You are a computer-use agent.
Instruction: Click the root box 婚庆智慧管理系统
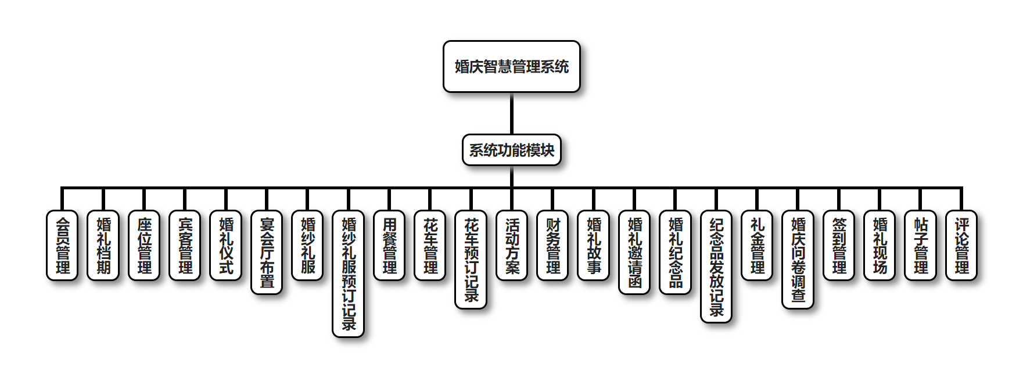coord(511,66)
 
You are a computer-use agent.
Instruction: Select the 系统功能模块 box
coord(511,150)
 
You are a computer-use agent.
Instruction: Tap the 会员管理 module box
coord(62,245)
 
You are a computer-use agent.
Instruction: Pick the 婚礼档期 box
coord(103,245)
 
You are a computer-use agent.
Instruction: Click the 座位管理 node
coord(144,245)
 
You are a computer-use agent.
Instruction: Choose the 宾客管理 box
coord(185,245)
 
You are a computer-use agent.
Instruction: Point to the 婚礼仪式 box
coord(225,245)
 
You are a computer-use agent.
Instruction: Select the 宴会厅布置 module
coord(267,252)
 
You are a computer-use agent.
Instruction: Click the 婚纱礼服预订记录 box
coord(348,274)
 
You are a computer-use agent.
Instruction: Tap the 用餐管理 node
coord(389,245)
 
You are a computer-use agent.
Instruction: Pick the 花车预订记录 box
coord(471,259)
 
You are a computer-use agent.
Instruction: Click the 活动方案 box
coord(512,245)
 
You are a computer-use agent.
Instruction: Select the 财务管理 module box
coord(552,245)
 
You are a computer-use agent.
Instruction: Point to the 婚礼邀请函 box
coord(634,252)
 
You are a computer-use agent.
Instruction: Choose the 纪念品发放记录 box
coord(716,266)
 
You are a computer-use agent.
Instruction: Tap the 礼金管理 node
coord(757,245)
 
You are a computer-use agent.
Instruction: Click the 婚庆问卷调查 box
coord(798,259)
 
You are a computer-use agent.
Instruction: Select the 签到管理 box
coord(839,245)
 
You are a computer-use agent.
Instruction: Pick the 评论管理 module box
coord(961,245)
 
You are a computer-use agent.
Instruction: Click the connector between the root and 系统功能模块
coord(511,113)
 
